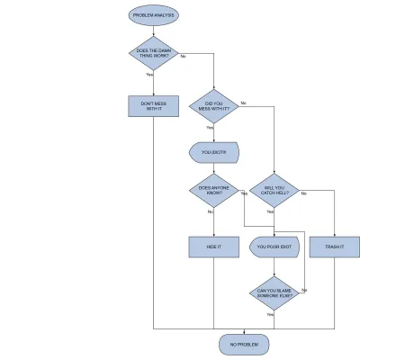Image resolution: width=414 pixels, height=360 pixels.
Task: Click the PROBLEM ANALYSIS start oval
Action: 154,15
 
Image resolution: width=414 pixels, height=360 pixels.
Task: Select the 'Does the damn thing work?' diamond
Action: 154,53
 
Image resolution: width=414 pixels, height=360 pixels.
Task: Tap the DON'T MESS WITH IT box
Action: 154,106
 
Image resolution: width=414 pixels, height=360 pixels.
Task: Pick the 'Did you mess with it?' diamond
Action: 214,106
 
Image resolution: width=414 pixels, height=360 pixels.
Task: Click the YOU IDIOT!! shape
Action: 214,152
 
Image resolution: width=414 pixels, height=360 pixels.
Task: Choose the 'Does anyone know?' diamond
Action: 214,191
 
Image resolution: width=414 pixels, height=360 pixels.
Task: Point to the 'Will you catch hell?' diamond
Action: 274,191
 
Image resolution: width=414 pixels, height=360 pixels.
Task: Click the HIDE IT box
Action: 214,246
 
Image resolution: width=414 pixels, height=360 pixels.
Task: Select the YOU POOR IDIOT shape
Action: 274,246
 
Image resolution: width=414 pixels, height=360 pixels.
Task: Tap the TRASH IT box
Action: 334,246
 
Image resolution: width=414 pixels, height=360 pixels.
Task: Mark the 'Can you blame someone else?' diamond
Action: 274,292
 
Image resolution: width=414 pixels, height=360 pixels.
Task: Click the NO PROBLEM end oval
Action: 244,344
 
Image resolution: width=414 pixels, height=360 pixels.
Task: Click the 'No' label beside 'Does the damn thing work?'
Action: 184,57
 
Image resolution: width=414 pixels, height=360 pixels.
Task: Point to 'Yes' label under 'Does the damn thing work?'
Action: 149,75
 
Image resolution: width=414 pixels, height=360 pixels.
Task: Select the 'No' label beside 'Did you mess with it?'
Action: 243,103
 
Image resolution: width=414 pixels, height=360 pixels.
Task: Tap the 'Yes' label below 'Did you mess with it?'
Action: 210,128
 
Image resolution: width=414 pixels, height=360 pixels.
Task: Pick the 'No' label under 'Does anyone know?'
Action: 211,211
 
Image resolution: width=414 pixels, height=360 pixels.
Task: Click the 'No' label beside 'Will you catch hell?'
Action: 303,193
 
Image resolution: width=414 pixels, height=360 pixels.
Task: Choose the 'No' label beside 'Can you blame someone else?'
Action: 304,290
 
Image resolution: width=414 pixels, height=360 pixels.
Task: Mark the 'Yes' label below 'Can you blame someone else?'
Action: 270,314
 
